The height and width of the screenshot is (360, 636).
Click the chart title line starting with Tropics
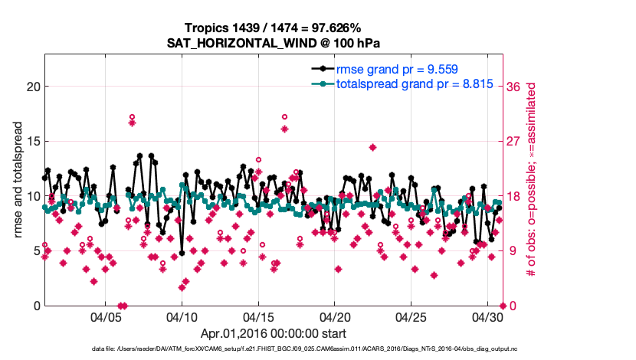274,28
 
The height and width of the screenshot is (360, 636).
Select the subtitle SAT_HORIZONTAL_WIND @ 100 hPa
274,43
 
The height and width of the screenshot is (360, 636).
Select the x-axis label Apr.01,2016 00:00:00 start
274,333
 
